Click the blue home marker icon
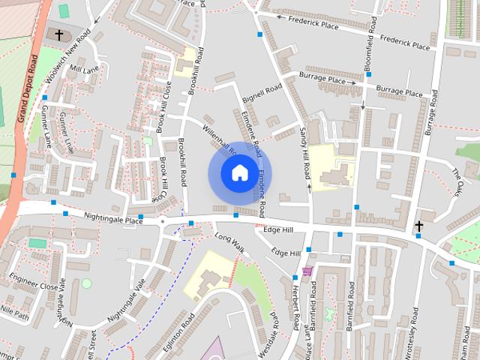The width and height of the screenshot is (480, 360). pyautogui.click(x=239, y=173)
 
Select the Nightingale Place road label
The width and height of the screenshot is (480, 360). pyautogui.click(x=112, y=218)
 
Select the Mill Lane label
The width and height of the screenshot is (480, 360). pyautogui.click(x=83, y=69)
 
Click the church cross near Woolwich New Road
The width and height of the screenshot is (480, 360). pyautogui.click(x=59, y=34)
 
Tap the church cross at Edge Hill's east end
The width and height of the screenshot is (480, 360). pyautogui.click(x=418, y=226)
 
